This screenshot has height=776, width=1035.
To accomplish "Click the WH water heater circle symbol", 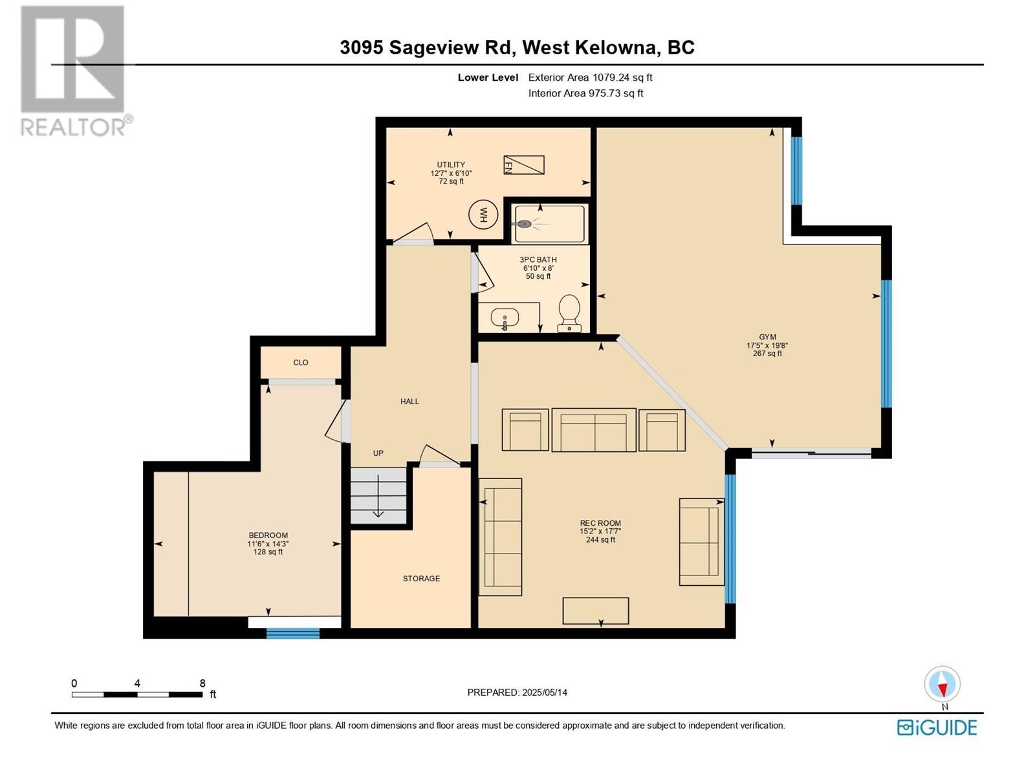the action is (x=483, y=215).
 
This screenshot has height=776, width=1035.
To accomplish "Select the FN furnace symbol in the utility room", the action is (x=523, y=165).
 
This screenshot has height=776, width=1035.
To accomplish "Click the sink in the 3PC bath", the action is (x=505, y=318).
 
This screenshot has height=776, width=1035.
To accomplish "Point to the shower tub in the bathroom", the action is (x=549, y=224).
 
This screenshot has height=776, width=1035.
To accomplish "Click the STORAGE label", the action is (x=421, y=578).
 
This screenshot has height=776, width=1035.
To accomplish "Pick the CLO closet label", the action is (x=301, y=362).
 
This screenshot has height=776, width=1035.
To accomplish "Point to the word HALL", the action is (x=409, y=402).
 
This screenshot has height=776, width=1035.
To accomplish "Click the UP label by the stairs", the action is (x=378, y=453).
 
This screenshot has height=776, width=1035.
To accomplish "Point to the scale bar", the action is (x=137, y=694).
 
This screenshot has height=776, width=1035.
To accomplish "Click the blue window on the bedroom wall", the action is (x=293, y=633).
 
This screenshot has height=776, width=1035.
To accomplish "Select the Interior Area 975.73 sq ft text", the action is (x=585, y=93).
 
